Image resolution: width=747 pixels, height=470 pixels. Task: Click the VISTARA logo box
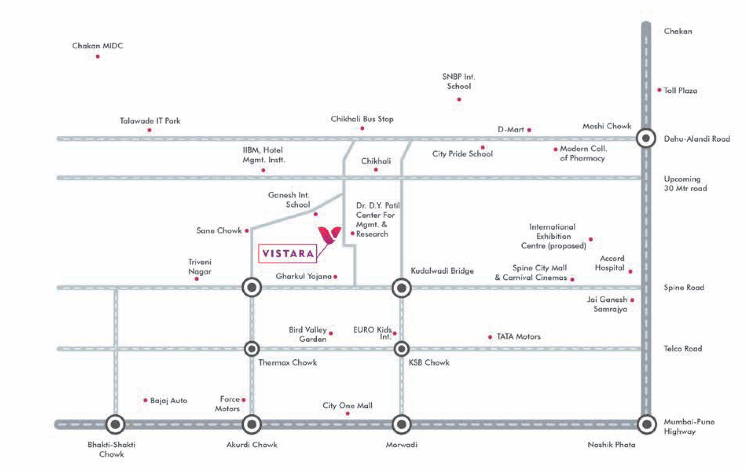[287, 254]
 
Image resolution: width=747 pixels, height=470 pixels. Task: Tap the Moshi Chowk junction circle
[646, 138]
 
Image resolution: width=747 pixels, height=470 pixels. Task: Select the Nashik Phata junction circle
[647, 424]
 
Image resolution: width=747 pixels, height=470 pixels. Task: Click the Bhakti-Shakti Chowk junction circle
[115, 424]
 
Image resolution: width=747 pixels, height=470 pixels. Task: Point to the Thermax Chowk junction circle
[252, 349]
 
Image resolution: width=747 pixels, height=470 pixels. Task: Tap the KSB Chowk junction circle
[402, 349]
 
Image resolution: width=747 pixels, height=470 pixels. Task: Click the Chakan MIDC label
[97, 46]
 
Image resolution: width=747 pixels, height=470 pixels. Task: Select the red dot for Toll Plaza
[659, 90]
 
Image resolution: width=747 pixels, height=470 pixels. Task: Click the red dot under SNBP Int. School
[459, 99]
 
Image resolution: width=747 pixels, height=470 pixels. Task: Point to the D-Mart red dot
[529, 130]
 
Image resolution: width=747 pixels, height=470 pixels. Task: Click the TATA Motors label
[518, 337]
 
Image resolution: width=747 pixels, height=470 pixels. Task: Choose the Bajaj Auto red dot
[145, 400]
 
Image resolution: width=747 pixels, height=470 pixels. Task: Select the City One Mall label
[347, 406]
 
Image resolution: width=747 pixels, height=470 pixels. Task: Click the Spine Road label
[684, 288]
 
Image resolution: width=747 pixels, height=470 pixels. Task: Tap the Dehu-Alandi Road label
[697, 139]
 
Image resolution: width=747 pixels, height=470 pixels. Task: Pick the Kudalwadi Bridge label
[442, 271]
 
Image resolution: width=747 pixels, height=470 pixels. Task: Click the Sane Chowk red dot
[247, 230]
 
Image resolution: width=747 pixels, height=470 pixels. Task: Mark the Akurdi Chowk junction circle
[252, 424]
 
